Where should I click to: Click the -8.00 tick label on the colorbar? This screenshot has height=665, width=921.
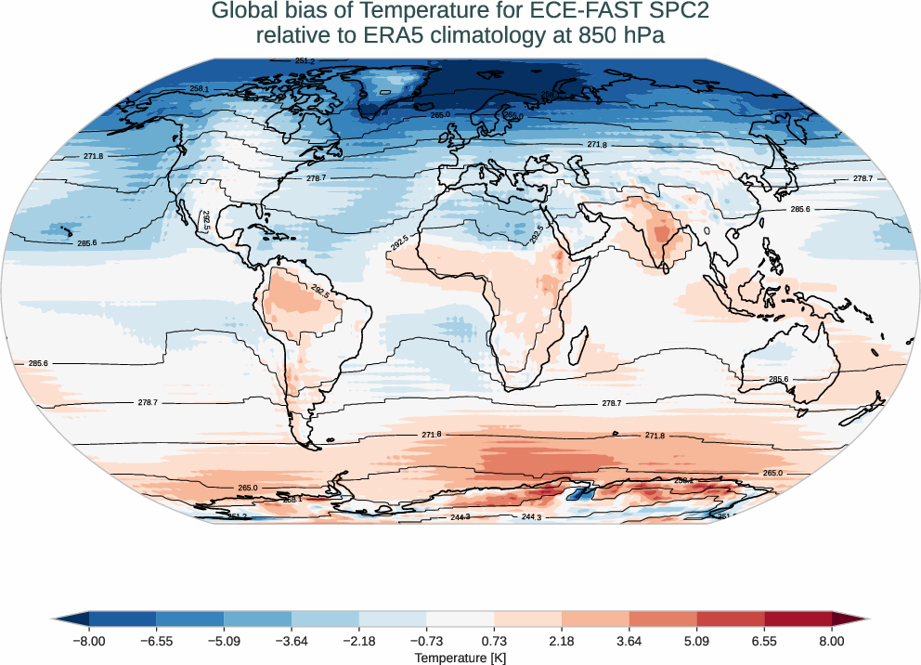[x=89, y=641]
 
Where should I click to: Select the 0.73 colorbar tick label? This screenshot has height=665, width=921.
[x=494, y=641]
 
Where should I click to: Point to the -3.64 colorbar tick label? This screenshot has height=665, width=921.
[x=292, y=641]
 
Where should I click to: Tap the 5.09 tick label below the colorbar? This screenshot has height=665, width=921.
[x=696, y=641]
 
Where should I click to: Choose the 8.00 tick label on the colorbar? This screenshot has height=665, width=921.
[x=832, y=641]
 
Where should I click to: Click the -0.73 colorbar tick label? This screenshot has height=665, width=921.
[x=426, y=641]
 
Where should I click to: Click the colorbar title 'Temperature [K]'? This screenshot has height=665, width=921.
[x=460, y=658]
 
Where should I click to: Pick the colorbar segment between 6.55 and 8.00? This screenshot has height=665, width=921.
[x=798, y=619]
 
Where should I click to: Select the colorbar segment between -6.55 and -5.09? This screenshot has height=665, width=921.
[x=190, y=619]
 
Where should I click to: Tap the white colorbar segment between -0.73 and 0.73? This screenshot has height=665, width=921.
[x=460, y=619]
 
